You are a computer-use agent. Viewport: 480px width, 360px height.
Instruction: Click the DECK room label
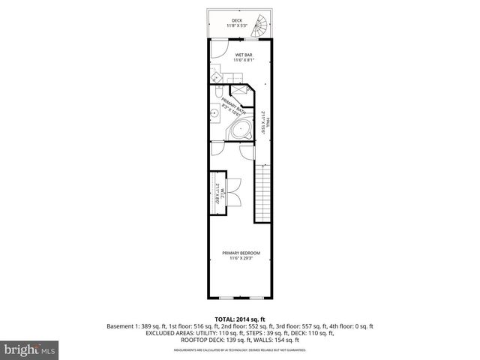pos(236,20)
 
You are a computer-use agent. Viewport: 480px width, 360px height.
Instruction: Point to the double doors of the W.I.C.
pos(232,193)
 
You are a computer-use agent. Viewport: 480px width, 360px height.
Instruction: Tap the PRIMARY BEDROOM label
pos(239,253)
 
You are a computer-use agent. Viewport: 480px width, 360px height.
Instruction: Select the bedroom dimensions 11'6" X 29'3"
pos(239,259)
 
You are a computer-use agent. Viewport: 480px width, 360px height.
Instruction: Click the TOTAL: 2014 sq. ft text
pos(239,319)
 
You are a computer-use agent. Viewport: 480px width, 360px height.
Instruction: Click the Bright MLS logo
pos(28,349)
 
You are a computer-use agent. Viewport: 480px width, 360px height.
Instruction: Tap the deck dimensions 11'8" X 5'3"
pos(236,26)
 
